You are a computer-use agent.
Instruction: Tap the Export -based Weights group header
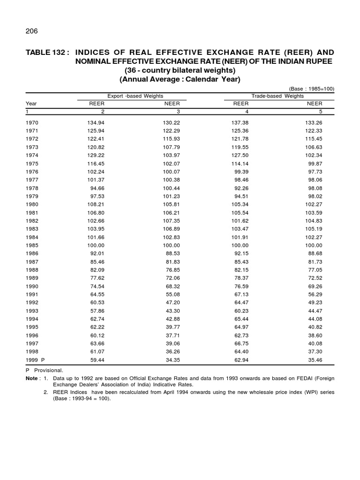pos(135,96)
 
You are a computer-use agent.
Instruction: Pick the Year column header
pos(31,104)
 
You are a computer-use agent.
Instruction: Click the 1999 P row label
pos(36,359)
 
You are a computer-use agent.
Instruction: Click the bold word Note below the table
pos(33,377)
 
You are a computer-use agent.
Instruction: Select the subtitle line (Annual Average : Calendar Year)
pos(180,79)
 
